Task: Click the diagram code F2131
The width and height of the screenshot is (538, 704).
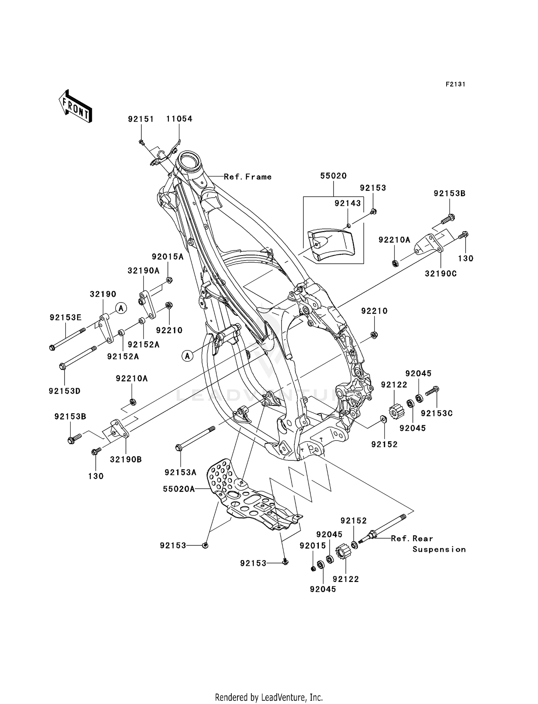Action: pos(455,84)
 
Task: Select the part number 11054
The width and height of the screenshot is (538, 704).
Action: pos(179,119)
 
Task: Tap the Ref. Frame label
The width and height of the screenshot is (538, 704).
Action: pos(247,177)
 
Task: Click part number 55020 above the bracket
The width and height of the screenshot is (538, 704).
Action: pos(333,176)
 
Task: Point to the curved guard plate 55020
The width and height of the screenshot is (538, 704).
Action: pos(331,244)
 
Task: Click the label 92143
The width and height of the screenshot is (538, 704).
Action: pos(348,203)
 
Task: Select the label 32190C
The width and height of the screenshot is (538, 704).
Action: pos(441,274)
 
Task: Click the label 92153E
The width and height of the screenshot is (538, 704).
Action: pos(66,317)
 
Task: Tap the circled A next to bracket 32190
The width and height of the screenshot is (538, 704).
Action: pos(121,308)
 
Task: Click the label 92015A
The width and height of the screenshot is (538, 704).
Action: pos(167,257)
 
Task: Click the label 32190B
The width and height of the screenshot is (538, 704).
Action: pos(126,459)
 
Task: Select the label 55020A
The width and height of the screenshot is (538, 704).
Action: pos(179,489)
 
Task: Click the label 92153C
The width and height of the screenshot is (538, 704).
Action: pos(436,413)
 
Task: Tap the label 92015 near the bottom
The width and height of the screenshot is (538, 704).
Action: pos(313,546)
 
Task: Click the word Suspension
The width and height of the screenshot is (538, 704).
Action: pos(439,549)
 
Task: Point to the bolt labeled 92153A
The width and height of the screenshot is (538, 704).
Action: pos(195,438)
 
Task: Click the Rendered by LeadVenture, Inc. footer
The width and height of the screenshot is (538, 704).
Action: pos(269,697)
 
